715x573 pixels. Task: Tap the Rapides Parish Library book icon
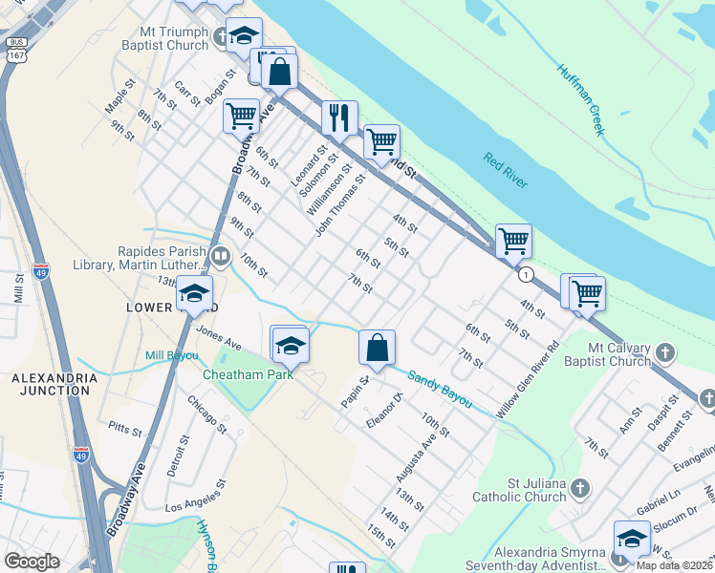coord(221,255)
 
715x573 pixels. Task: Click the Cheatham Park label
coord(248,373)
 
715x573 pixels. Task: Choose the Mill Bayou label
coord(172,356)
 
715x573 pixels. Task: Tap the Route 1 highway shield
coord(526,274)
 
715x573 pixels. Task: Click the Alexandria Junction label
coord(54,385)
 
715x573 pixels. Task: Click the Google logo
coord(32,562)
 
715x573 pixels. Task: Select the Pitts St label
coord(124,427)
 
